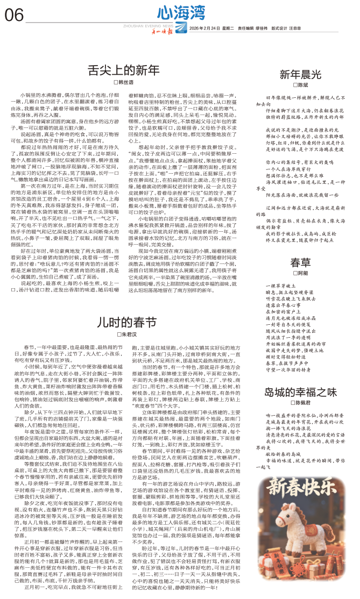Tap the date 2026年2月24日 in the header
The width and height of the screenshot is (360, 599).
click(202, 28)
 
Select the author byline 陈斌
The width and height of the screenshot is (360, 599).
click(301, 85)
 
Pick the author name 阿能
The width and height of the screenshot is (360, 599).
click(301, 273)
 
